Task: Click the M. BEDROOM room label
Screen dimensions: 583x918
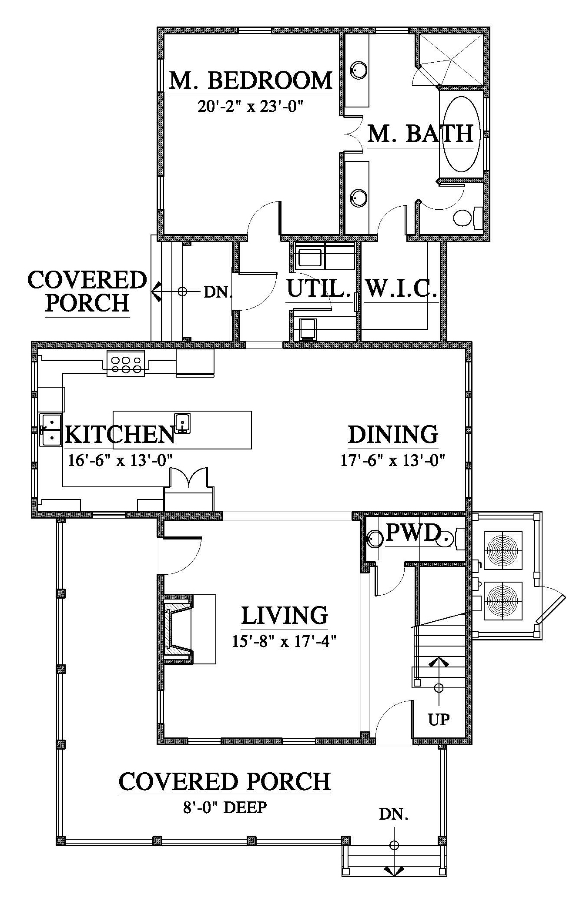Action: pos(251,80)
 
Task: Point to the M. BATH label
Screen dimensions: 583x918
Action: pos(420,134)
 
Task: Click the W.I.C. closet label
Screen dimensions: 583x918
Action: pos(401,288)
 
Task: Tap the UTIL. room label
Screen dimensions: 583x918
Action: pos(318,288)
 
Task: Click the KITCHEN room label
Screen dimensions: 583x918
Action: pos(120,434)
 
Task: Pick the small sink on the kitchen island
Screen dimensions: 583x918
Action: pos(182,423)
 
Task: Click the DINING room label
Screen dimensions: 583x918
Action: pos(393,435)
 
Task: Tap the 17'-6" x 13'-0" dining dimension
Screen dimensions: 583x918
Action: pos(392,460)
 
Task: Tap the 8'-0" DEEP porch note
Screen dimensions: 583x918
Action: pos(224,807)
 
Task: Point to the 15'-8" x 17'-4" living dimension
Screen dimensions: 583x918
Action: pos(285,641)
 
